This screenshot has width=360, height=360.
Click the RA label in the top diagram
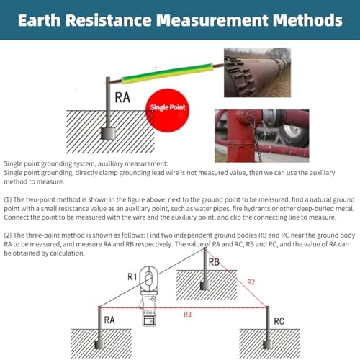(122, 97)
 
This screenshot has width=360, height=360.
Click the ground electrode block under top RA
(110, 135)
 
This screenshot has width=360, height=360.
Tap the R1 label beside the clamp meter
(132, 276)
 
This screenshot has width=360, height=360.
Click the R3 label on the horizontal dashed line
(186, 314)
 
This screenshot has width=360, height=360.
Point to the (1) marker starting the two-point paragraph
(9, 198)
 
